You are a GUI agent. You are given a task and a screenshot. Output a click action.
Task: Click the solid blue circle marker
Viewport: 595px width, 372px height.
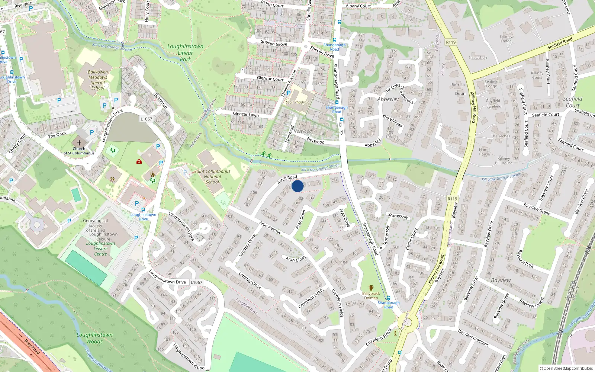297,186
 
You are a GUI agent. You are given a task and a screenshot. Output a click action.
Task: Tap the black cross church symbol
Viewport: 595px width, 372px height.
79,142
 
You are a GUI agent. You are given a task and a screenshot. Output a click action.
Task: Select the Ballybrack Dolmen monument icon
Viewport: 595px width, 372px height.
371,288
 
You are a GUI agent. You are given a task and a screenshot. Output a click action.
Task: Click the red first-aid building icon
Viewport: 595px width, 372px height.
139,161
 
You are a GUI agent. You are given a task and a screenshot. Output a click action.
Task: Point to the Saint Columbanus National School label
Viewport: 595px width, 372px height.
212,177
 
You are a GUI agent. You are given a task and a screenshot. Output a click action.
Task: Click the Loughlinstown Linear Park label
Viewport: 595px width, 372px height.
185,53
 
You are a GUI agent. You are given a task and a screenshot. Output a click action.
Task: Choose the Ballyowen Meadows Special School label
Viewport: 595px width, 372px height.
98,80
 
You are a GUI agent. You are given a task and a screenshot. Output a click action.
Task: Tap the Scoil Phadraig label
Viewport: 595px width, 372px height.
297,102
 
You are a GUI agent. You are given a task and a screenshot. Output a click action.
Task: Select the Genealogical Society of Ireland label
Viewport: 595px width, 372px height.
96,225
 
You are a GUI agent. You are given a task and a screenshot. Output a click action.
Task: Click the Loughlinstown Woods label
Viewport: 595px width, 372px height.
94,338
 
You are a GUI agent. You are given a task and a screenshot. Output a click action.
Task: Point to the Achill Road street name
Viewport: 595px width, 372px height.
287,180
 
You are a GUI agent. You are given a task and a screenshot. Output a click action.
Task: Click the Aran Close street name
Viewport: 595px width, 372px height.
296,259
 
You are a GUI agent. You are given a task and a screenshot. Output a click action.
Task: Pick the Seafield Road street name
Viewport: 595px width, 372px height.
560,44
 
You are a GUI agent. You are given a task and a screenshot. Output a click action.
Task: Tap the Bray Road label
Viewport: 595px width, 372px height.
32,346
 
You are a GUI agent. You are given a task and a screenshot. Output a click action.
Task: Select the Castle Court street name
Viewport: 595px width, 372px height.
412,239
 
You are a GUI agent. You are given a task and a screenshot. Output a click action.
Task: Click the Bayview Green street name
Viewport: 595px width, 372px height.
537,209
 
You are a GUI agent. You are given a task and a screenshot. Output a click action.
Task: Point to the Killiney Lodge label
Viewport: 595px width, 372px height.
506,39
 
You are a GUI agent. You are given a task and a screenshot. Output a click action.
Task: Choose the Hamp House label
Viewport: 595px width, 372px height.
484,152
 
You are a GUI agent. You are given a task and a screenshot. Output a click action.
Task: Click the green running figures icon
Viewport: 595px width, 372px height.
266,154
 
